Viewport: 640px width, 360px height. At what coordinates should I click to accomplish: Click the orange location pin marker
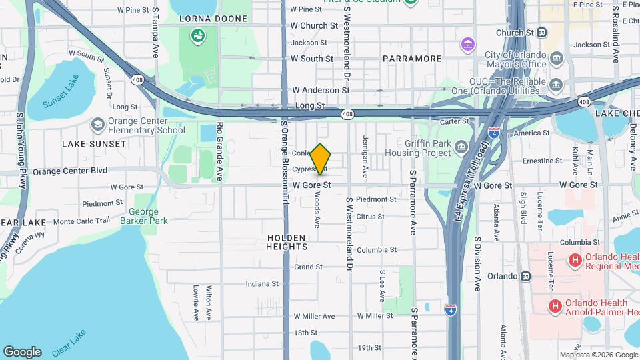[x=321, y=159]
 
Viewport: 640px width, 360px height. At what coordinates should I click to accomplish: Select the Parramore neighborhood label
[x=412, y=59]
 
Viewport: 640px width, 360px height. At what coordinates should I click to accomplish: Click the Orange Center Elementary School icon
[x=98, y=125]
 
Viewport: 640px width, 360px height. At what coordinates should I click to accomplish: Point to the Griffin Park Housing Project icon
[x=462, y=146]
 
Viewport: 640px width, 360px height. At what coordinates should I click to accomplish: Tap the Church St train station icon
[x=541, y=32]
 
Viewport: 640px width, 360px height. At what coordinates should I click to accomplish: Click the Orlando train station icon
[x=525, y=276]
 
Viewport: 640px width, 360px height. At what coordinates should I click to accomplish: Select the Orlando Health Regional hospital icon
[x=574, y=261]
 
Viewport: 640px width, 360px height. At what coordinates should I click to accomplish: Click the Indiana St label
[x=262, y=283]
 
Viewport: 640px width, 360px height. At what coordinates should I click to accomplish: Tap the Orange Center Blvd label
[x=70, y=171]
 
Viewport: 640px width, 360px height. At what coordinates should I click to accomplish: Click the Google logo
[x=22, y=352]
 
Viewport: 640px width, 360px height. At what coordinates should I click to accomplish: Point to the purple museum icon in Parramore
[x=467, y=45]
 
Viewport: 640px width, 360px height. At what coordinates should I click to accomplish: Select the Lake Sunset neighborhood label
[x=94, y=144]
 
